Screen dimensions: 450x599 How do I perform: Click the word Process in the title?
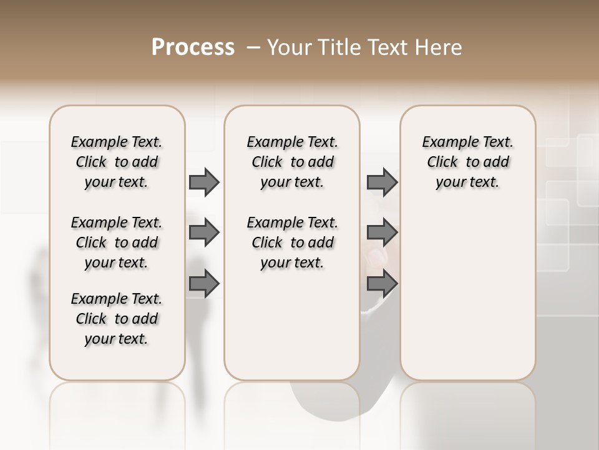coord(193,47)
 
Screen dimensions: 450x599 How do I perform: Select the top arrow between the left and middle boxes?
coord(204,182)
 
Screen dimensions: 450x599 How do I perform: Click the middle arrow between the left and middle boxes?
coord(204,232)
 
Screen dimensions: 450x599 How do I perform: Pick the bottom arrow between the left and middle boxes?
coord(204,283)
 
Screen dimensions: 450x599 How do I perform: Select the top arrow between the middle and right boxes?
coord(382,182)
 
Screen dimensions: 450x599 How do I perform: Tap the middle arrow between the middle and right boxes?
coord(382,232)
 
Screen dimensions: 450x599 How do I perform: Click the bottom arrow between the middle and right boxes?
coord(382,283)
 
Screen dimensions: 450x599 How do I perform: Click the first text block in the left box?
coord(117,162)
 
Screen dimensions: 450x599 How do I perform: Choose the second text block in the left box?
coord(117,242)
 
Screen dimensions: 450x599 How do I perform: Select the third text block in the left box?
coord(117,319)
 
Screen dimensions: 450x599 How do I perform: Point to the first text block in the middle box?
coord(292,162)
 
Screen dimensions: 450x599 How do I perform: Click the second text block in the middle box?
coord(292,242)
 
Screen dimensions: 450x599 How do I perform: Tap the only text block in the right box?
coord(467,162)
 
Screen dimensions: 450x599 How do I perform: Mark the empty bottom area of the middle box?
coord(292,331)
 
